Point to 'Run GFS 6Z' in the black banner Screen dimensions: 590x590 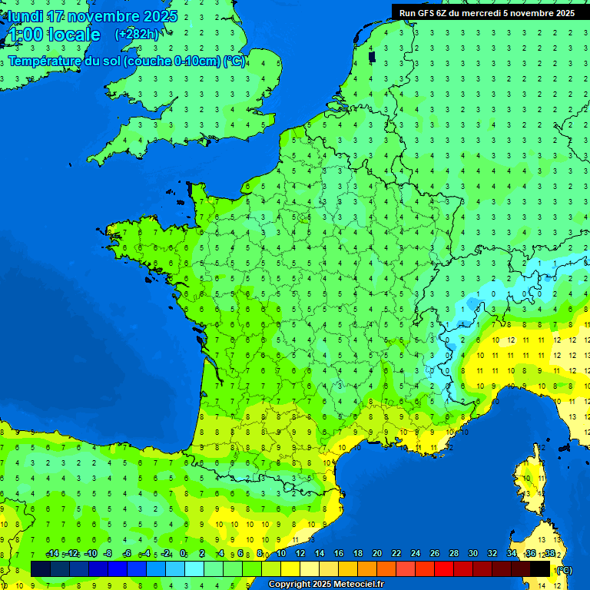pyautogui.click(x=423, y=13)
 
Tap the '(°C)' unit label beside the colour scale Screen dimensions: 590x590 pyautogui.click(x=563, y=569)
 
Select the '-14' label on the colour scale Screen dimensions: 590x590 pyautogui.click(x=53, y=554)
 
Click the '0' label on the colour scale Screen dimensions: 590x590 pyautogui.click(x=183, y=554)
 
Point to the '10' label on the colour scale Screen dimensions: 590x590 pyautogui.click(x=281, y=554)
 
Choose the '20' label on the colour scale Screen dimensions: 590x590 pyautogui.click(x=377, y=554)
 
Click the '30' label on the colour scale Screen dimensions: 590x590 pyautogui.click(x=473, y=554)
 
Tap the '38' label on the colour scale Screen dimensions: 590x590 pyautogui.click(x=550, y=554)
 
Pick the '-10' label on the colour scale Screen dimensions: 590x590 pyautogui.click(x=91, y=554)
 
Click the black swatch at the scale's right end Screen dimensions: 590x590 pyautogui.click(x=540, y=568)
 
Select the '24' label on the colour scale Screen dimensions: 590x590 pyautogui.click(x=416, y=554)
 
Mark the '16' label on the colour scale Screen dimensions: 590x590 pyautogui.click(x=339, y=554)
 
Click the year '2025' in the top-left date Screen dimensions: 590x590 pyautogui.click(x=160, y=16)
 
